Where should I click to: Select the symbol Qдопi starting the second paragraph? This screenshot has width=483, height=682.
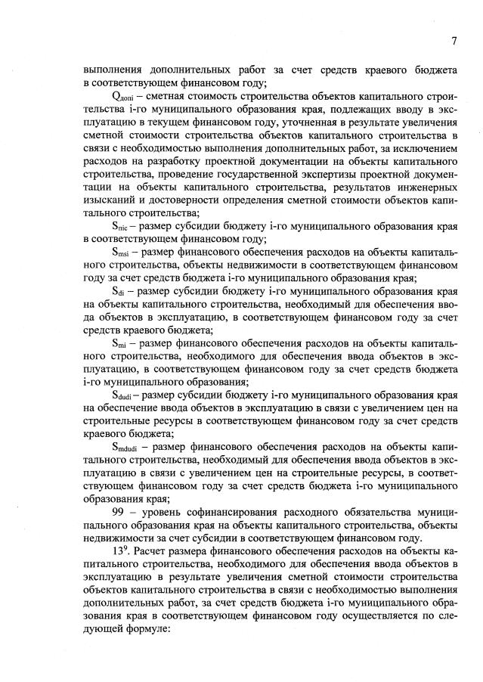click(122, 97)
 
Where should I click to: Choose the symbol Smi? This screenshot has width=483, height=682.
click(119, 343)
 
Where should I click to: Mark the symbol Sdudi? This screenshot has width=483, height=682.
click(123, 395)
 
